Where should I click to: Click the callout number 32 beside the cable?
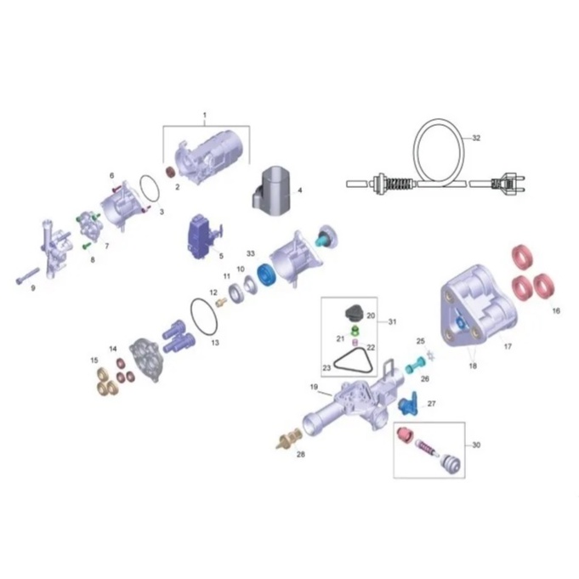pos(476,138)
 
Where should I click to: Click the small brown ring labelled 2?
pos(171,172)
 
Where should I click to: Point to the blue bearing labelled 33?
pos(267,275)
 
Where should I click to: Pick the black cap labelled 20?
pos(355,314)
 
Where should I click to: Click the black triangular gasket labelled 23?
pos(354,360)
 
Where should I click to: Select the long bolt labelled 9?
pos(28,275)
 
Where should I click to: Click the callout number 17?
pos(508,347)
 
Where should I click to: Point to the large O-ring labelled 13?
pos(204,317)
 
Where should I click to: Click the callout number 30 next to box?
pos(476,445)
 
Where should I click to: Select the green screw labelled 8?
pos(87,245)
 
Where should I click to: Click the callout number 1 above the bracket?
pos(205,116)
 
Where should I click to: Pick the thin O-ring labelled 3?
pos(150,191)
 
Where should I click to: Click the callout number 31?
pos(392,321)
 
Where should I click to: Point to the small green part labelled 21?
pos(355,329)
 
